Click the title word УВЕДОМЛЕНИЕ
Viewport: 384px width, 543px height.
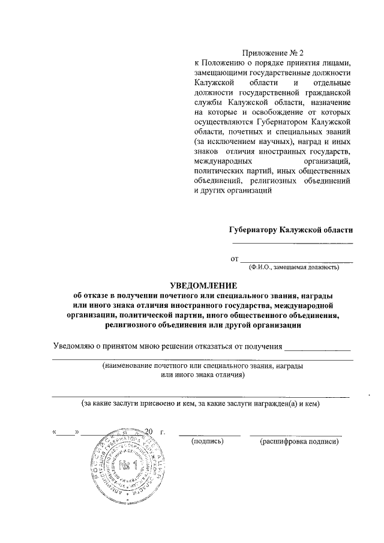[202, 285]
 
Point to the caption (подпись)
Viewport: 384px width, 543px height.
[207, 442]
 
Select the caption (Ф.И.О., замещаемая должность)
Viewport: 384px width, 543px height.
[292, 267]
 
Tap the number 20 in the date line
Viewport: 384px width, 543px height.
[149, 431]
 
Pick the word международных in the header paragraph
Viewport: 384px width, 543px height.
[221, 161]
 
